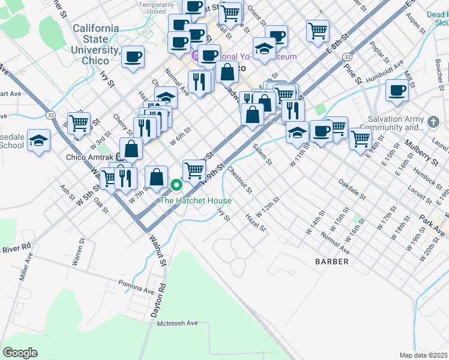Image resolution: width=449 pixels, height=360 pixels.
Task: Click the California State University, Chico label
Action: coord(95,44)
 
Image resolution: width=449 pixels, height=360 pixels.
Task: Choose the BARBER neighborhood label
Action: coord(332,262)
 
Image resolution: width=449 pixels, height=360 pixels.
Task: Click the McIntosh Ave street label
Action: coord(178,323)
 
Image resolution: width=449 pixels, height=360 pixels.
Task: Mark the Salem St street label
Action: coord(262,155)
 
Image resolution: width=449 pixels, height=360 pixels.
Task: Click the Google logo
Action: coord(20,353)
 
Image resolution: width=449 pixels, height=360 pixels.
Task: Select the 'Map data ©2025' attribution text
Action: coord(424,355)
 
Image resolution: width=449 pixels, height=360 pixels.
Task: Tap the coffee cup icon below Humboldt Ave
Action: coord(397,91)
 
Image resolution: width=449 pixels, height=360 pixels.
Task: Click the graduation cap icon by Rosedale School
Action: coord(39,141)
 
